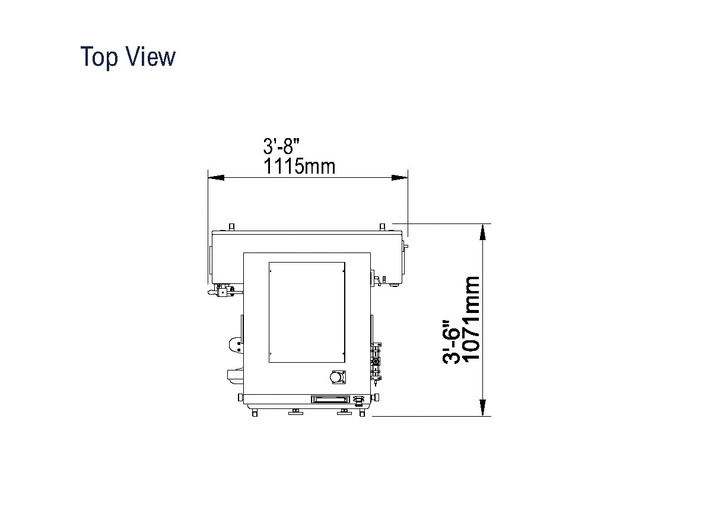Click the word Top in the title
(x=99, y=57)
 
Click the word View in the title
(x=151, y=56)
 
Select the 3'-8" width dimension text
(x=281, y=146)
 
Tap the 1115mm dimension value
(x=299, y=166)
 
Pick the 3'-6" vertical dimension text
(x=451, y=341)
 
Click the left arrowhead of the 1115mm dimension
(x=216, y=177)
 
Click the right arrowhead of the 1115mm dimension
(x=399, y=177)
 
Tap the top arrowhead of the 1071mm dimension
(x=483, y=232)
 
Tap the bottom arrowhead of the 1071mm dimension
(x=483, y=407)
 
